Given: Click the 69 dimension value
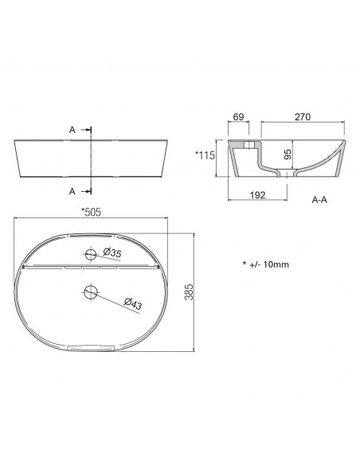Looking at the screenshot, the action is (x=238, y=117).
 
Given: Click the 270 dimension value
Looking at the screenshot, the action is (x=303, y=117).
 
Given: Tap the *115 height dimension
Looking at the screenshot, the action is (x=205, y=155).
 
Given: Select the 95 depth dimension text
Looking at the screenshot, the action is (x=288, y=154).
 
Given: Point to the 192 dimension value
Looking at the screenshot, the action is (x=257, y=195).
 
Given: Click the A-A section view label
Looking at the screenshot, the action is (x=319, y=200).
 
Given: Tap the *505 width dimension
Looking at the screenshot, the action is (x=92, y=212).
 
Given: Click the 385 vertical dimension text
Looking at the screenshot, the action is (x=190, y=292).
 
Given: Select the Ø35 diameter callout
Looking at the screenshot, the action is (x=112, y=253).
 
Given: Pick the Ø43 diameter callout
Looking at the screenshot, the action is (x=132, y=304).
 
